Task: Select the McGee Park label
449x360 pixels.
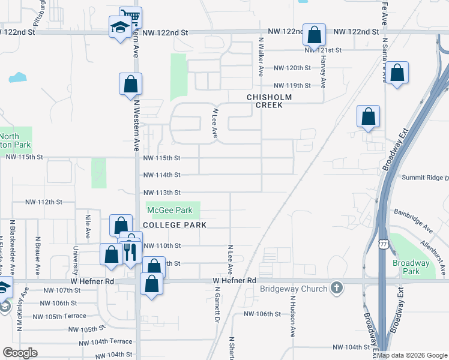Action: tap(169, 211)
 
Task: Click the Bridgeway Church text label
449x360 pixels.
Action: tap(294, 289)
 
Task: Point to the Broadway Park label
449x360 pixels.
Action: tap(411, 268)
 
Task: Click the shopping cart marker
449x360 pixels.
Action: tap(130, 17)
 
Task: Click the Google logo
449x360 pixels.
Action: tap(20, 353)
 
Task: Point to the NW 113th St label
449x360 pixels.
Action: tap(161, 193)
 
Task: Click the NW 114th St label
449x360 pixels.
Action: tap(161, 175)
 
